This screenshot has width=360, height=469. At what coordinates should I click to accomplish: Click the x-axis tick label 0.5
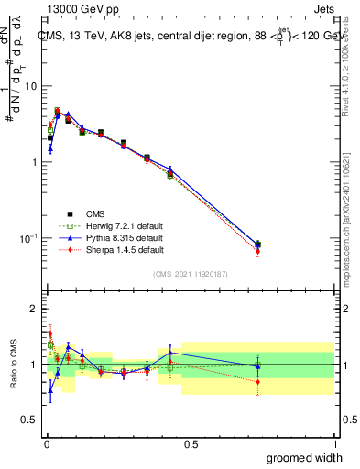[190, 443]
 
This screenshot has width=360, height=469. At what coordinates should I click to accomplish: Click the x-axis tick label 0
[45, 443]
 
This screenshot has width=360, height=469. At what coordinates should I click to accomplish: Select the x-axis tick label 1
[333, 443]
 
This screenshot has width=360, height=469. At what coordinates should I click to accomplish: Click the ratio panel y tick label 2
[35, 310]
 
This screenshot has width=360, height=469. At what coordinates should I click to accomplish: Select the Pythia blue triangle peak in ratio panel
[68, 346]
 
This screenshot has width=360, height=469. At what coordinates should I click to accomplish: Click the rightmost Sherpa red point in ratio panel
[258, 381]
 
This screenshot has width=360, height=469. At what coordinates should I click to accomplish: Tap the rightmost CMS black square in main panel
[258, 245]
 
